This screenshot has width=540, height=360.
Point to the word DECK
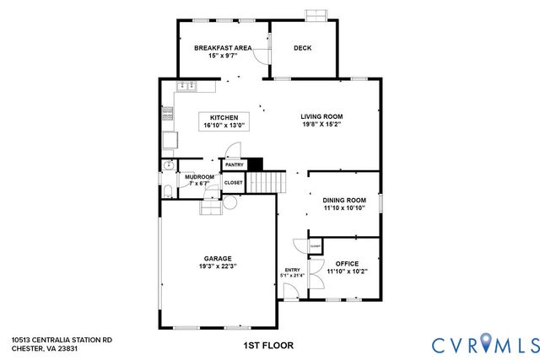pyautogui.click(x=302, y=48)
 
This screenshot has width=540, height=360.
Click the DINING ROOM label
pyautogui.click(x=344, y=200)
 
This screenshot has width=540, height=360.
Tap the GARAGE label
pyautogui.click(x=217, y=259)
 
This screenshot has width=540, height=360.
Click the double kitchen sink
pyautogui.click(x=186, y=85)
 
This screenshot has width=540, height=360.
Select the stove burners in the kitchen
pyautogui.click(x=168, y=139)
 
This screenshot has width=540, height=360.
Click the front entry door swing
pyautogui.click(x=289, y=292)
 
